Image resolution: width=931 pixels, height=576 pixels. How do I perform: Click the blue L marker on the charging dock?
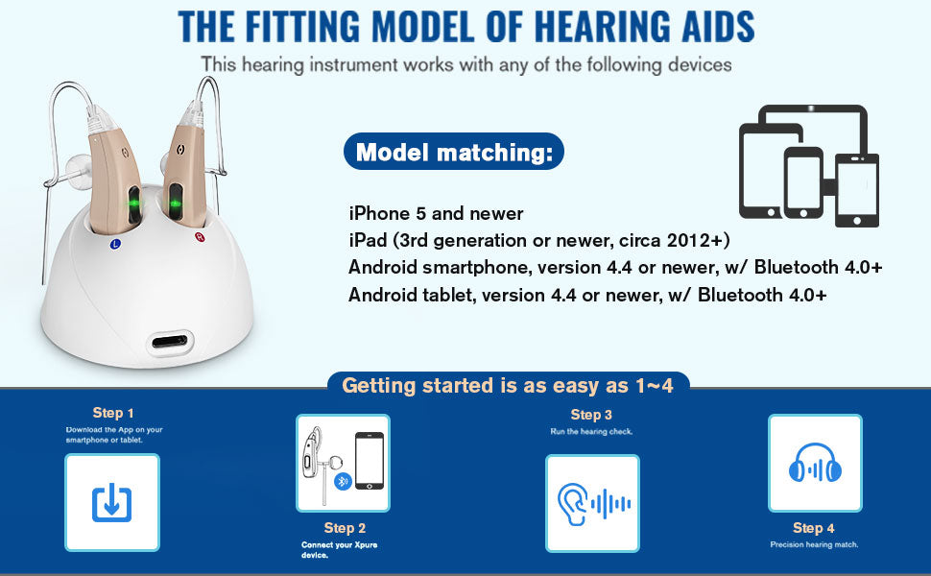[x=116, y=244]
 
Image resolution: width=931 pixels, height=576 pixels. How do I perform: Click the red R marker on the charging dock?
[x=200, y=237]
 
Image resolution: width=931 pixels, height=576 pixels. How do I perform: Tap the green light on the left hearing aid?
[x=134, y=204]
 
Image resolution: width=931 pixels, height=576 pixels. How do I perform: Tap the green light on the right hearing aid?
[x=176, y=204]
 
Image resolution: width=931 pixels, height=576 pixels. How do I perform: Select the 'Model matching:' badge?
[x=454, y=152]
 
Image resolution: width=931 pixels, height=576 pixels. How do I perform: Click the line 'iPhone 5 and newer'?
[x=436, y=213]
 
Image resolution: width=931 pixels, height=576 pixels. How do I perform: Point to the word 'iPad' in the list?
[x=368, y=240]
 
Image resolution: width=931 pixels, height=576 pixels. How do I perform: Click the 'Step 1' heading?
[x=113, y=413]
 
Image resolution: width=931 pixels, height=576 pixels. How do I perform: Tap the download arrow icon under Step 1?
[x=111, y=503]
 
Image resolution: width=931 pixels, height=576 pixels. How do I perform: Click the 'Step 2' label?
[x=345, y=528]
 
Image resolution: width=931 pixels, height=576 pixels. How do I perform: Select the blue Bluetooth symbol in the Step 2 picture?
[x=343, y=482]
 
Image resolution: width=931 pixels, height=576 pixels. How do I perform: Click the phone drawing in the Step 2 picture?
[x=370, y=461]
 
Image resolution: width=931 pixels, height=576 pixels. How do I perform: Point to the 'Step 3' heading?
[x=591, y=415]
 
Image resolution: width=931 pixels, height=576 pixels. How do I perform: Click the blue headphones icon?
[x=815, y=463]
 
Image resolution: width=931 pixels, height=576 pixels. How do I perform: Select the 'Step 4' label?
[x=814, y=528]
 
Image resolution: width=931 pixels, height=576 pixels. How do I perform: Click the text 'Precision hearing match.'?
[x=814, y=544]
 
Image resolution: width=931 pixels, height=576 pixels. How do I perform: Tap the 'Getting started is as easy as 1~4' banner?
[x=508, y=386]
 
